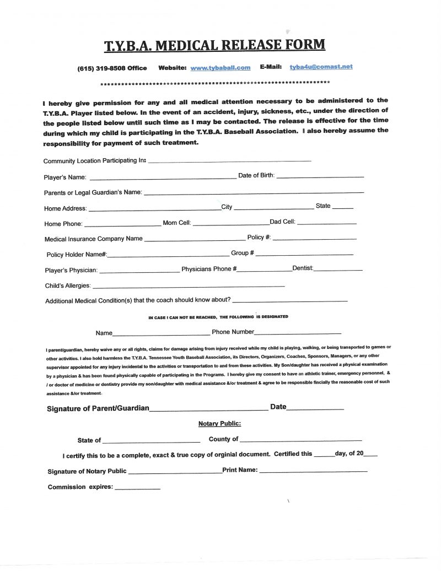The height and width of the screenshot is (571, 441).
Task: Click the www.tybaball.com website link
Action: point(220,68)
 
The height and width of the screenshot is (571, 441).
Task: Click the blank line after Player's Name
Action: point(163,178)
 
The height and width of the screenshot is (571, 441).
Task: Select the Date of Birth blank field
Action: point(320,176)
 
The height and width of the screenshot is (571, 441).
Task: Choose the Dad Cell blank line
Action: point(326,223)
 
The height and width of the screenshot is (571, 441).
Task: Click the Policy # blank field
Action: point(314,238)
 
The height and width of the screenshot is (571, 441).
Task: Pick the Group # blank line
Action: point(304,254)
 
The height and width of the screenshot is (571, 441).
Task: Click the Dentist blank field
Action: point(338,269)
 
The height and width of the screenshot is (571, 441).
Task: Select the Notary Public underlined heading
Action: point(219,424)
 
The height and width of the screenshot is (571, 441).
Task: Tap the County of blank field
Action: point(301,440)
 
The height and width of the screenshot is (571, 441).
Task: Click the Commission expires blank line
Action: point(137,488)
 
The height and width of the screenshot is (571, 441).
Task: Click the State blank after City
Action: point(343,207)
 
